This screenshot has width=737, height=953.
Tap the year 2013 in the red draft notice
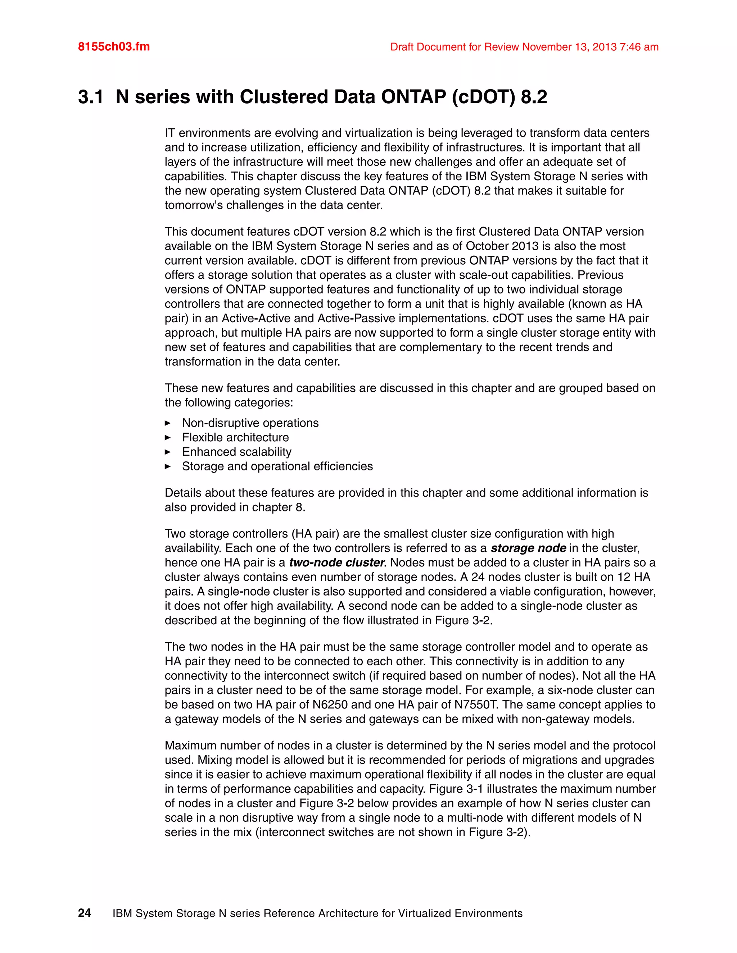(x=604, y=47)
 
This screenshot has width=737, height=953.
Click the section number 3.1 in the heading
(x=91, y=97)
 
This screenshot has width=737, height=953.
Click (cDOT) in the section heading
(x=483, y=97)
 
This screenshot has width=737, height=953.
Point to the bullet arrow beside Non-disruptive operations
(x=168, y=423)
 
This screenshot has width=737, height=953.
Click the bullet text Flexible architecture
(x=235, y=437)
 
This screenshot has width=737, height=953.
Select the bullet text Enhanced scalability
(x=237, y=452)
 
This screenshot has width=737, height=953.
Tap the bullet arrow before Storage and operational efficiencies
(x=168, y=466)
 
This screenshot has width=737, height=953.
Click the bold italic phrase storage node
(x=528, y=548)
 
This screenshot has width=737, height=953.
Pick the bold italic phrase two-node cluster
(x=336, y=562)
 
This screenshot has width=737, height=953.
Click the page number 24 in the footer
(x=84, y=913)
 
